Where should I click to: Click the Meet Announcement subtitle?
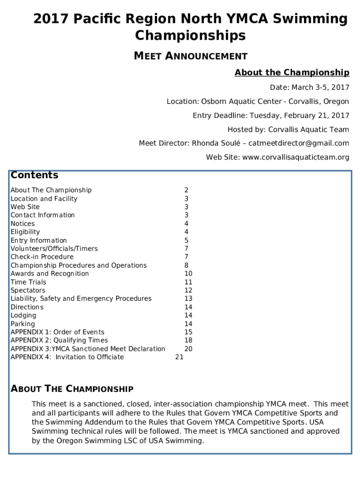(190, 56)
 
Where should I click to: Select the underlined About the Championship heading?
(292, 73)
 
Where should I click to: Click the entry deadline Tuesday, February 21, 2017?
(299, 116)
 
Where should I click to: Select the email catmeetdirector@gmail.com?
(299, 143)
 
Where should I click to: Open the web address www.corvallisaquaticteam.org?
(295, 157)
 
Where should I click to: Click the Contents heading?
(34, 175)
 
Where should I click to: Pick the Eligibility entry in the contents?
(25, 232)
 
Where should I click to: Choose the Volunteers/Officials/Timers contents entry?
(54, 249)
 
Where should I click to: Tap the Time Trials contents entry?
(29, 282)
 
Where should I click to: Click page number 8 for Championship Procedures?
(186, 265)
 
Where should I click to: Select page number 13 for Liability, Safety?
(188, 298)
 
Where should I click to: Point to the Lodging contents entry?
(23, 315)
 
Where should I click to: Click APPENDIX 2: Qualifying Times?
(59, 341)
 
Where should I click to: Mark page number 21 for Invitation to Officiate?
(179, 357)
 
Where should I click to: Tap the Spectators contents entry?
(28, 290)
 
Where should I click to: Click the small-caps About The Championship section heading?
(72, 389)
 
